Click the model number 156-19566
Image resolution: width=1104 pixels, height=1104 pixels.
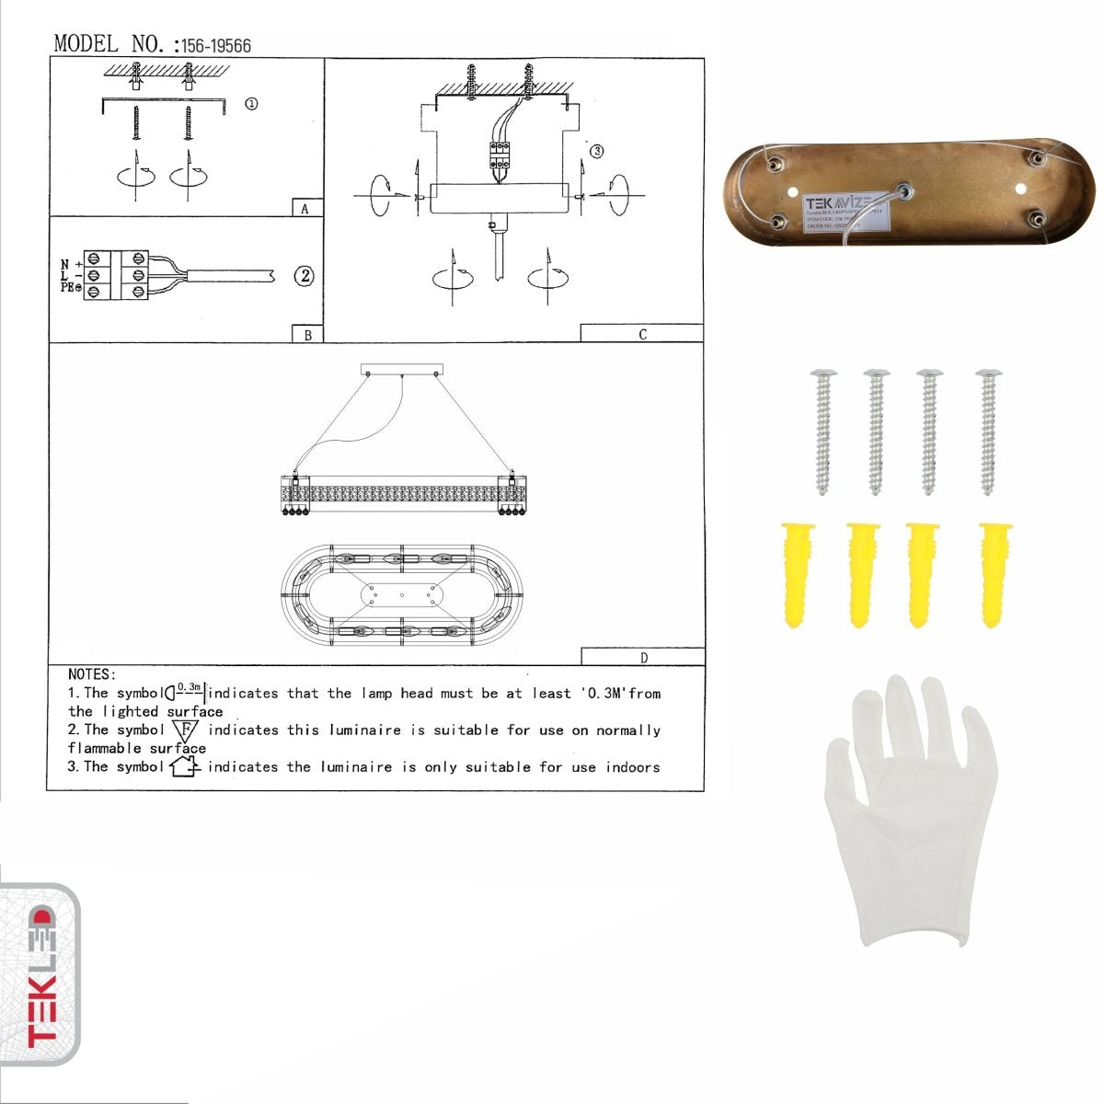(216, 46)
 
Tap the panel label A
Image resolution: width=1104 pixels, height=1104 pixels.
(305, 209)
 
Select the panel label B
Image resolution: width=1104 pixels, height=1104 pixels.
(307, 335)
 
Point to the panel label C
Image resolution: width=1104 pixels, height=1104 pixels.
(642, 334)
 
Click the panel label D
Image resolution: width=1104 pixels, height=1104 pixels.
(643, 657)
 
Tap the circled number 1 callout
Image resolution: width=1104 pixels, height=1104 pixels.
(250, 104)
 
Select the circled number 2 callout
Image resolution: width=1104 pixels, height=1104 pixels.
(304, 275)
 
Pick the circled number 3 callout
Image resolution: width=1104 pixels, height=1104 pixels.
(597, 151)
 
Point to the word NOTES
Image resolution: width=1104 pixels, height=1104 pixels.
(92, 674)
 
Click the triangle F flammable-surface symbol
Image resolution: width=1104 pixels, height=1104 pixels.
(185, 731)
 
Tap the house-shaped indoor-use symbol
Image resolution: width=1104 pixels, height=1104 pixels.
(185, 765)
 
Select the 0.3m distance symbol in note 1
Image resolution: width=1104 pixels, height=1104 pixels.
(186, 690)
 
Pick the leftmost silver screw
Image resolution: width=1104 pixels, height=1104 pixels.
(822, 431)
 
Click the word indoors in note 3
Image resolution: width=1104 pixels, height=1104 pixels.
(632, 766)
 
